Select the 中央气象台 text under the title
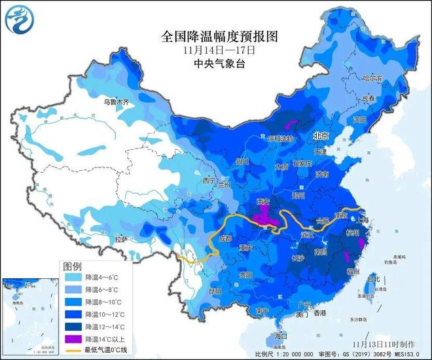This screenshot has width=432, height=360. point(217,63)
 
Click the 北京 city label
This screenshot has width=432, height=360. point(319,135)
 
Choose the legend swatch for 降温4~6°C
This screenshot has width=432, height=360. point(72,278)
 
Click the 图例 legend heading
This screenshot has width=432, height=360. point(72,266)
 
